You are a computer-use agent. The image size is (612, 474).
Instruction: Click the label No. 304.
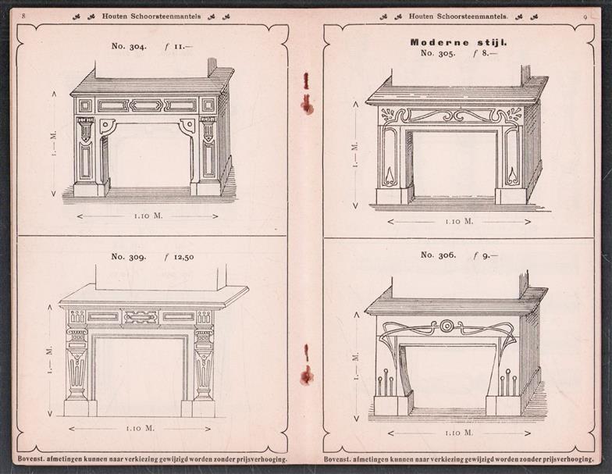coord(130,46)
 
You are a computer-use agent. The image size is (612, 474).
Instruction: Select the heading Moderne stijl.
coord(459,42)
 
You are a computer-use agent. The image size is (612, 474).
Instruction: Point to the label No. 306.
coord(439,255)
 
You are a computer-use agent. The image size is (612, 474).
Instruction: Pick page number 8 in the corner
coord(23,16)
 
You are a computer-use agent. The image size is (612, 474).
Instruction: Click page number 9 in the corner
coord(585,17)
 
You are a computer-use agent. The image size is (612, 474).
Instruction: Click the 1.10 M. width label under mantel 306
coord(459,433)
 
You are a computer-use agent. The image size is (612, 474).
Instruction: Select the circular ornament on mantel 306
coord(446,325)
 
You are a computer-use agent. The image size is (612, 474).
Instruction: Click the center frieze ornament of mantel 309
coord(141,317)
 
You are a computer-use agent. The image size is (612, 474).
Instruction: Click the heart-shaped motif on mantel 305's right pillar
coord(512,176)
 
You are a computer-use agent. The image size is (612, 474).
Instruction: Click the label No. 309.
coord(129,257)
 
